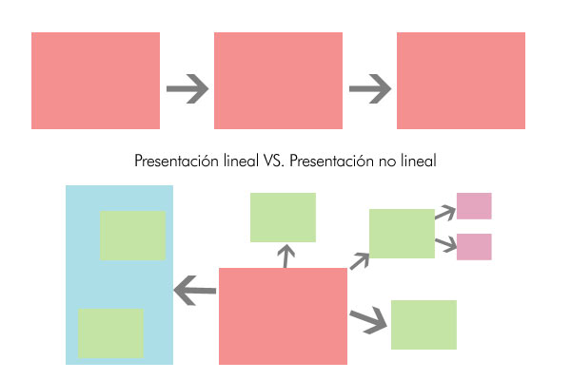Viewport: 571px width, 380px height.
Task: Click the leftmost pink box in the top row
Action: click(95, 81)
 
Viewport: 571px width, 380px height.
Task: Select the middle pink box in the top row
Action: click(278, 81)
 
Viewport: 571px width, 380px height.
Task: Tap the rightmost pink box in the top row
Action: click(461, 81)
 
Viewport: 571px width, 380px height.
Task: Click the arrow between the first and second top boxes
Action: click(187, 90)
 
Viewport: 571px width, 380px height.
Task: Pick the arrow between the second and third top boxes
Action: click(369, 90)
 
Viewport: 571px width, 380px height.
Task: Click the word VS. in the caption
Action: click(272, 161)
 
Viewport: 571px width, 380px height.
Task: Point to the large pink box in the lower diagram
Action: click(283, 316)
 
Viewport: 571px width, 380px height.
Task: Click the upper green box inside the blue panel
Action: click(132, 236)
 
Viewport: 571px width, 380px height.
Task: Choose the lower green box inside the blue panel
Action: click(110, 332)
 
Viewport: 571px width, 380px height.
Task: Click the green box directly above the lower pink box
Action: click(283, 218)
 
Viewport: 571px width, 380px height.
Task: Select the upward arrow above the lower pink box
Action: click(285, 255)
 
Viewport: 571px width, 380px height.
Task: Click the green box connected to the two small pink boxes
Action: click(402, 234)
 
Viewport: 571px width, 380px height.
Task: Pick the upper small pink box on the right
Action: click(474, 206)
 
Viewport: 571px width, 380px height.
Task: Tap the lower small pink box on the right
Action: click(474, 247)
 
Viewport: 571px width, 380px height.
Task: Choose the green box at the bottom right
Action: click(423, 325)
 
